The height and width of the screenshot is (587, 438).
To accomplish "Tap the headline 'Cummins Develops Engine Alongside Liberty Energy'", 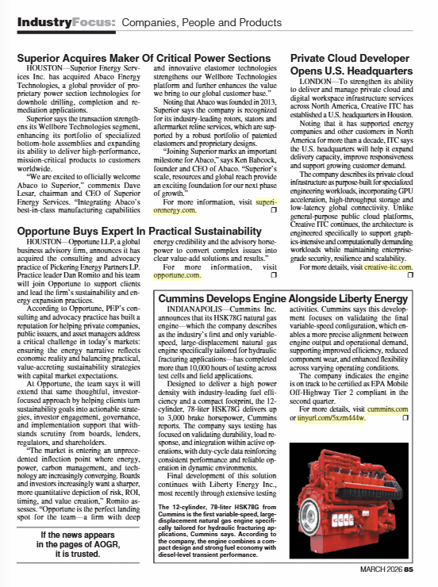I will tap(283, 298).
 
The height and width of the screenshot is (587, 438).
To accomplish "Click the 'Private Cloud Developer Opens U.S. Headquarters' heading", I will tap(349, 65).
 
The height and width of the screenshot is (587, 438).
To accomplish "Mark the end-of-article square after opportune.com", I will tap(273, 275).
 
